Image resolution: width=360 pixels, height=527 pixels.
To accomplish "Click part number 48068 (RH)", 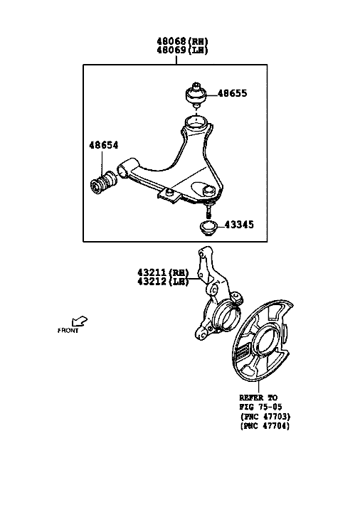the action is pyautogui.click(x=182, y=41).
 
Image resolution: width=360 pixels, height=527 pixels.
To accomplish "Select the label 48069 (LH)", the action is pyautogui.click(x=182, y=50).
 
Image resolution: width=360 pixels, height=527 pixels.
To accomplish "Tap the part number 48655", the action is pyautogui.click(x=232, y=93).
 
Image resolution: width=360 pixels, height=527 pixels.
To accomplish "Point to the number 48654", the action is pyautogui.click(x=104, y=145).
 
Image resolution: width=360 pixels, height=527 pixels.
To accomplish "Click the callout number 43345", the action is pyautogui.click(x=239, y=225).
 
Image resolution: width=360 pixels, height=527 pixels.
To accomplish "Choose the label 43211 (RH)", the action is pyautogui.click(x=163, y=272).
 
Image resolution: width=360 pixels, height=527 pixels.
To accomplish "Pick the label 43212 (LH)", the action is pyautogui.click(x=163, y=282).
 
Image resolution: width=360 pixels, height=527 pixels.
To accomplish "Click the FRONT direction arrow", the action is pyautogui.click(x=80, y=321).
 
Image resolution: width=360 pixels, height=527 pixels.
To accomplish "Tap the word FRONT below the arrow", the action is pyautogui.click(x=68, y=331).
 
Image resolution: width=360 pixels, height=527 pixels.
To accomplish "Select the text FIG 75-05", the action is pyautogui.click(x=260, y=407).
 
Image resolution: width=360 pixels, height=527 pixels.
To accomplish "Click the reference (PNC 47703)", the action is pyautogui.click(x=265, y=417).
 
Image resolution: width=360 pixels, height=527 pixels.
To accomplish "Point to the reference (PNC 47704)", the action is pyautogui.click(x=265, y=426).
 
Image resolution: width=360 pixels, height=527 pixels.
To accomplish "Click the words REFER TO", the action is pyautogui.click(x=258, y=398).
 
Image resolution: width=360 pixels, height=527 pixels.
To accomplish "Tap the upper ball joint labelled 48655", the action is pyautogui.click(x=196, y=95).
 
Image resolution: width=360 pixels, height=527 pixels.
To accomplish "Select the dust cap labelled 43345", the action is pyautogui.click(x=208, y=228).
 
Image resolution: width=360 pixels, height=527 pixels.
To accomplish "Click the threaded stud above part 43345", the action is pyautogui.click(x=208, y=212).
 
